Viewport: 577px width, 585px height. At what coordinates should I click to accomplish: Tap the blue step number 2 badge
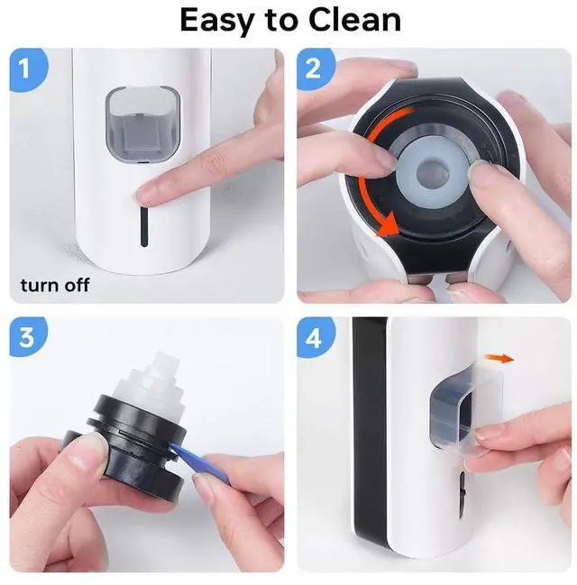pos(316,69)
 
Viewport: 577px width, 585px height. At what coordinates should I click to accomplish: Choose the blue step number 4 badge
pos(316,338)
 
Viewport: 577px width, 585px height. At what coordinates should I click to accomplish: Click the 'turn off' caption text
pos(55,286)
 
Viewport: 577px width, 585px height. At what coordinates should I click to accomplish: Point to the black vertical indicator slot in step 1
pos(144,226)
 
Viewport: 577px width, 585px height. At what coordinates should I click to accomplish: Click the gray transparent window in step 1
pos(143,125)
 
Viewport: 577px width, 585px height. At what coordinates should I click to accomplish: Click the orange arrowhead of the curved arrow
pos(389,225)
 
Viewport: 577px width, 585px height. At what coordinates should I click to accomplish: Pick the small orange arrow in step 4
pos(499,359)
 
